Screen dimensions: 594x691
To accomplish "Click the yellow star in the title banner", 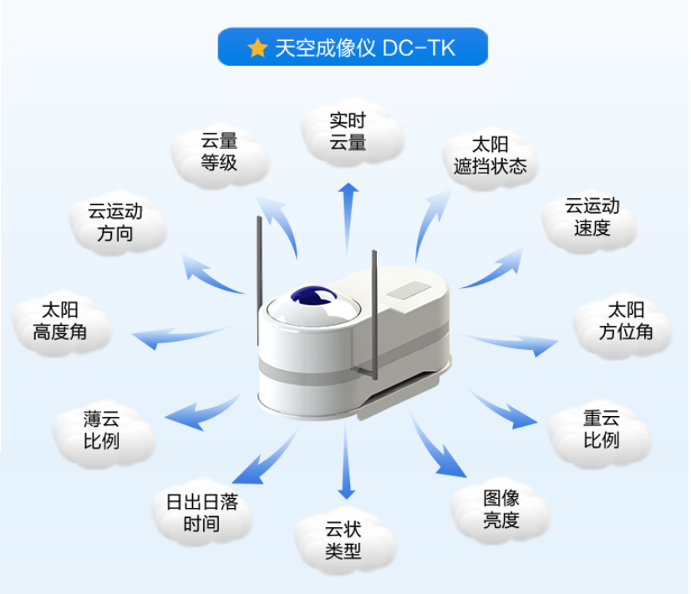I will [257, 48].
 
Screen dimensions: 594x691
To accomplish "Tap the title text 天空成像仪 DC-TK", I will [365, 48].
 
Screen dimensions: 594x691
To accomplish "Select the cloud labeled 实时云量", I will [348, 132].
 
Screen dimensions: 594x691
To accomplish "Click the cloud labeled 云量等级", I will [220, 151].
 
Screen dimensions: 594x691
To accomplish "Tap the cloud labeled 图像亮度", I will [501, 510].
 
